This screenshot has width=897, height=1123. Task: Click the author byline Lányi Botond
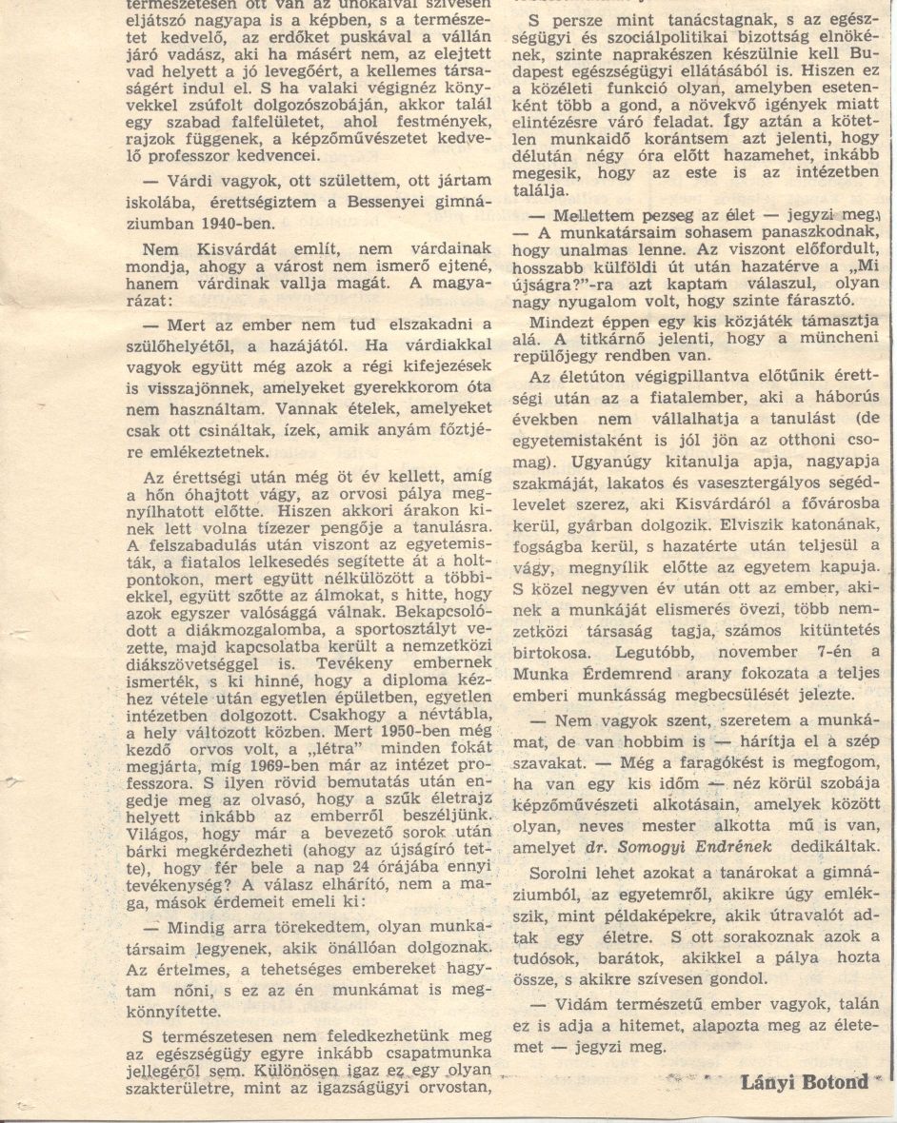click(805, 1082)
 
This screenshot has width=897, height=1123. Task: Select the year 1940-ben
click(231, 225)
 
